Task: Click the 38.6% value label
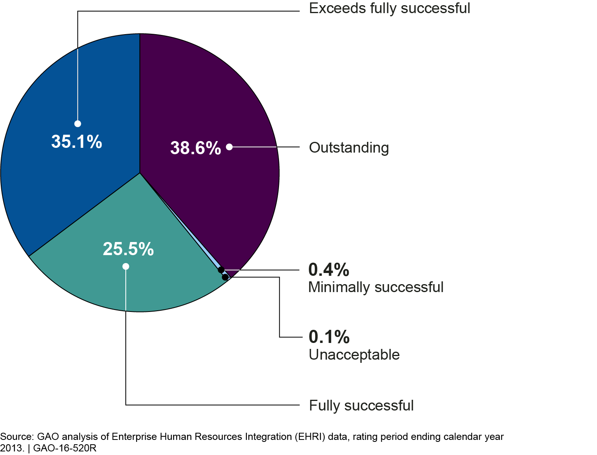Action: coord(195,148)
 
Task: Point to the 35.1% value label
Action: coord(77,142)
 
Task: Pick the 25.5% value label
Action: coord(128,249)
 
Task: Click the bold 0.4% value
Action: coord(329,270)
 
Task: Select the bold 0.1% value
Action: coord(329,337)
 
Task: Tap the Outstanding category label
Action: coord(349,148)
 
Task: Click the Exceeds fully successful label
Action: coord(390,8)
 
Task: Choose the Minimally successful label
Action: coord(376,287)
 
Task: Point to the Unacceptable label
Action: coord(354,355)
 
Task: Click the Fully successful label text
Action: coord(361,406)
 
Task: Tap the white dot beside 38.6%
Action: coord(229,147)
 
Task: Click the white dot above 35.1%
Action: coord(78,124)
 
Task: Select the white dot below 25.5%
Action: coord(126,266)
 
